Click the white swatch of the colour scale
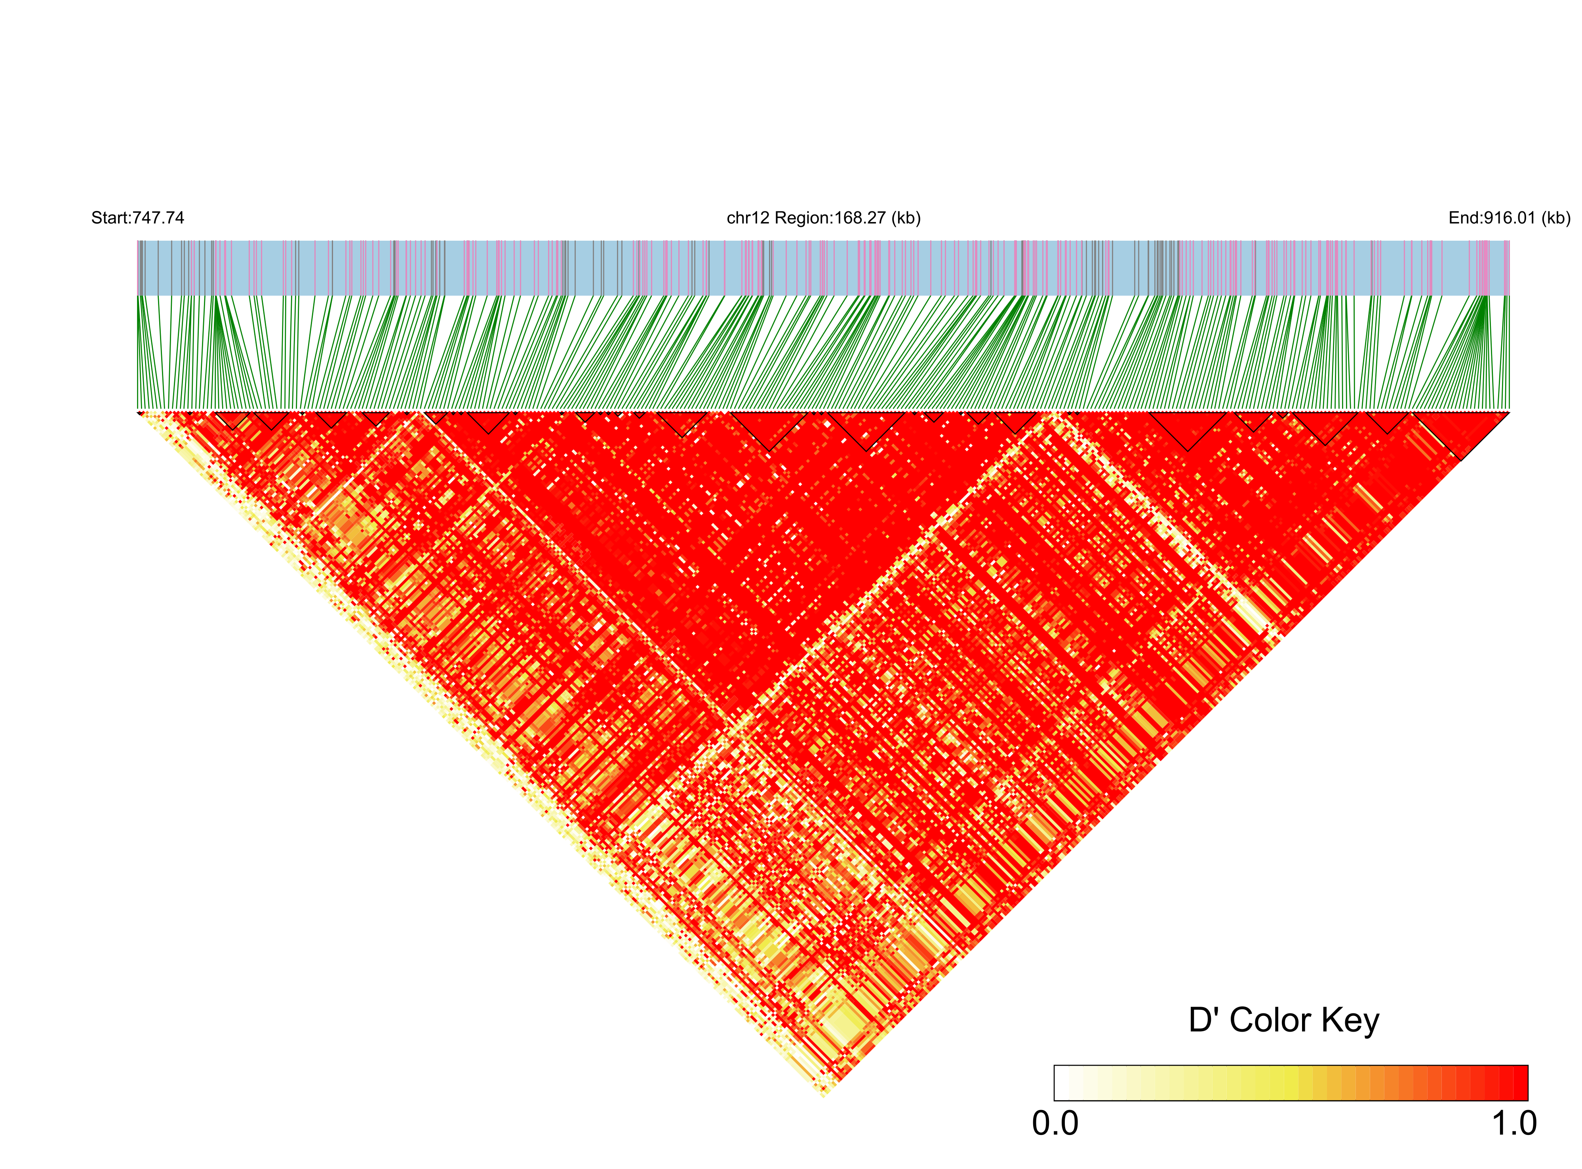pyautogui.click(x=1062, y=1083)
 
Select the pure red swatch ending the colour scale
pyautogui.click(x=1520, y=1083)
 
